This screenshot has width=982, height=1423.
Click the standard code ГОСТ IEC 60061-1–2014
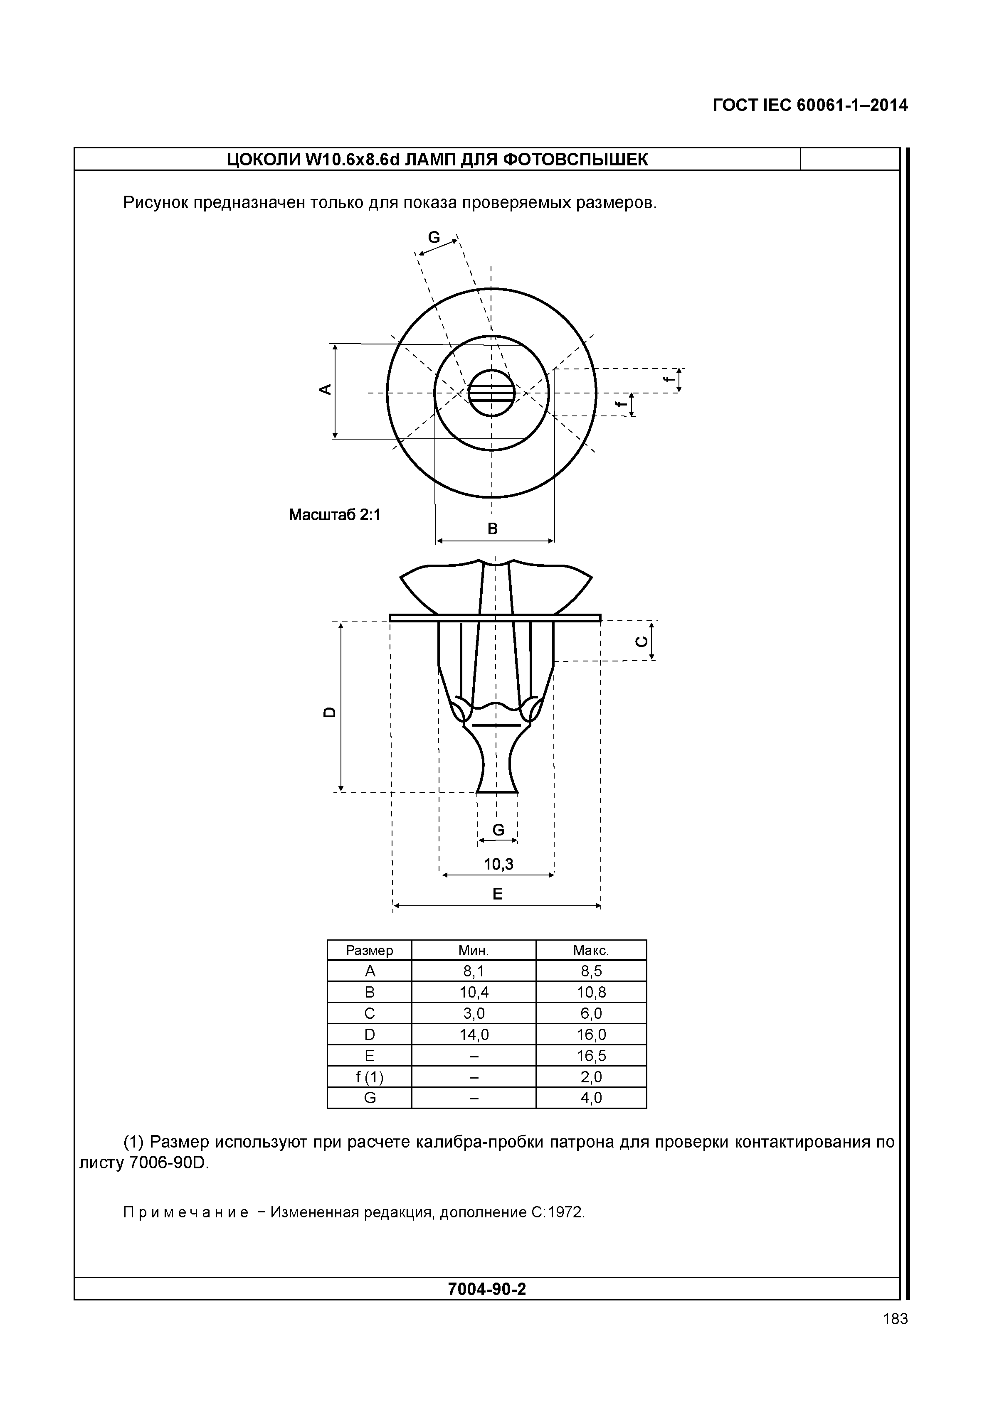tap(810, 106)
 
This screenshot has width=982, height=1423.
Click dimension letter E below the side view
tap(497, 894)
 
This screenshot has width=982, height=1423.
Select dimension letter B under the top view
tap(493, 528)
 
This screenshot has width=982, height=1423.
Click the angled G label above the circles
tap(434, 237)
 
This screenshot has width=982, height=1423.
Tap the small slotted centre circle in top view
tap(491, 392)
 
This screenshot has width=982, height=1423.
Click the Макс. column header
tap(591, 951)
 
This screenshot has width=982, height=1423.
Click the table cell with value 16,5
tap(591, 1056)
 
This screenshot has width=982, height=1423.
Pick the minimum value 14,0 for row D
tap(474, 1035)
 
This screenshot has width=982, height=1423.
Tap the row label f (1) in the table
tap(369, 1077)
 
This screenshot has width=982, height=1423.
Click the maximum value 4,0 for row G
tap(591, 1098)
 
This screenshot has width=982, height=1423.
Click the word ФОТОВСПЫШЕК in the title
tap(575, 160)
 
